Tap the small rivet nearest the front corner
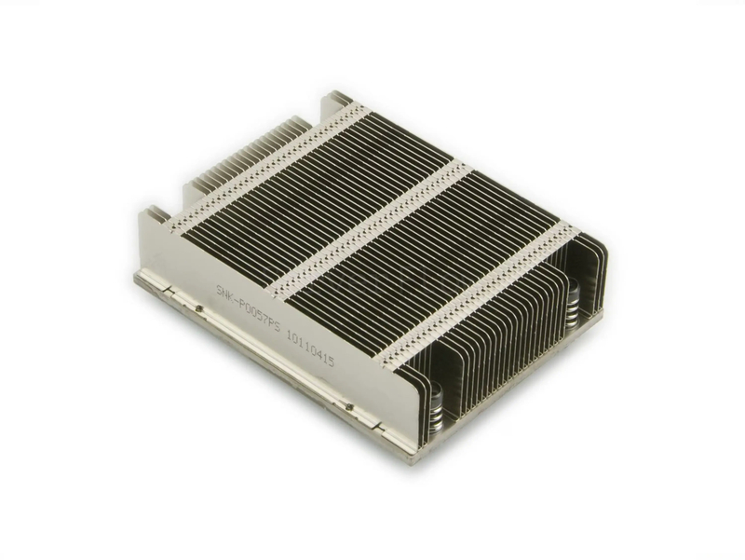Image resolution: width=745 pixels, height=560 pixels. [x=347, y=406]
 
